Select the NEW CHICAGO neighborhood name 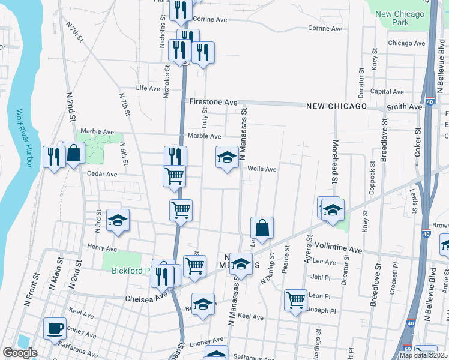(x=336, y=106)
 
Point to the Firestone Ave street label (x=214, y=103)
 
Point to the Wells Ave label (x=262, y=169)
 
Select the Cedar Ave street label (x=101, y=174)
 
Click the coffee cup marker (x=55, y=328)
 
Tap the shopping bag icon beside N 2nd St (x=74, y=154)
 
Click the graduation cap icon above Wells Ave (x=227, y=157)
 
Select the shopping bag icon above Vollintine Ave (x=262, y=228)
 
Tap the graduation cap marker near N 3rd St (x=118, y=220)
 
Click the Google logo (x=20, y=353)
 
